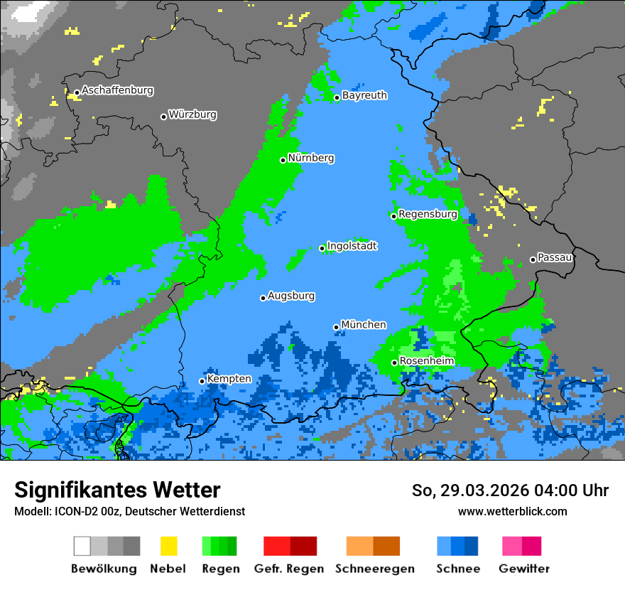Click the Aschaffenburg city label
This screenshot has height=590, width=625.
point(117,90)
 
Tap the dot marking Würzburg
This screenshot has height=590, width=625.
point(163,117)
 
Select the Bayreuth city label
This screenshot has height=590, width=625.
point(364,95)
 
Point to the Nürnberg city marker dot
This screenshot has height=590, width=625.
point(283,160)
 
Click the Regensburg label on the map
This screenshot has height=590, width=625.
point(428,214)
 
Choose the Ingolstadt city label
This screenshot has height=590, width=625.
point(352,246)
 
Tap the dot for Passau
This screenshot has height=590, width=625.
point(533,259)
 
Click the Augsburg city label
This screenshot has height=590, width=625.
point(291,296)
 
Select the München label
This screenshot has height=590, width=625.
point(364,325)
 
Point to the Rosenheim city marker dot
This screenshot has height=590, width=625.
point(394,363)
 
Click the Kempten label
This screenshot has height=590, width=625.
point(229,379)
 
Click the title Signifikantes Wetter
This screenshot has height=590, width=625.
point(117,490)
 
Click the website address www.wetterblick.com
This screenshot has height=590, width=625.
point(512,511)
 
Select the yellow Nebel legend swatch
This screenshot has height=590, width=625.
point(168,546)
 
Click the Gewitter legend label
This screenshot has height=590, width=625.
point(523,569)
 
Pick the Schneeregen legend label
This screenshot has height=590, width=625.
point(375,569)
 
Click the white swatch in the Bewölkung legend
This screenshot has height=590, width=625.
point(82,546)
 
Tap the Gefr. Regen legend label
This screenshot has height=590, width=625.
point(289,569)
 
